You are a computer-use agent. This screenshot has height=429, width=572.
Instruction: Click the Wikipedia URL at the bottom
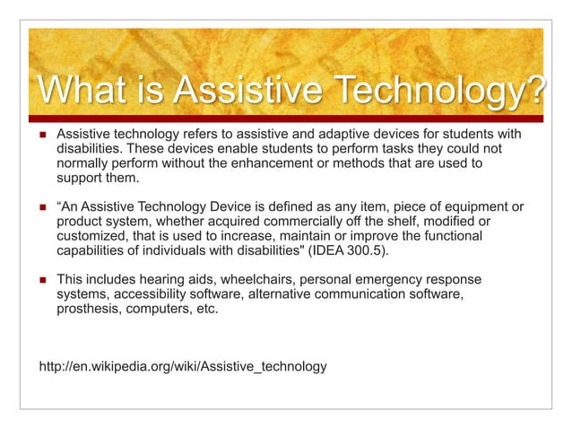pyautogui.click(x=183, y=366)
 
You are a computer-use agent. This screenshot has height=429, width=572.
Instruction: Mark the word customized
pyautogui.click(x=91, y=235)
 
